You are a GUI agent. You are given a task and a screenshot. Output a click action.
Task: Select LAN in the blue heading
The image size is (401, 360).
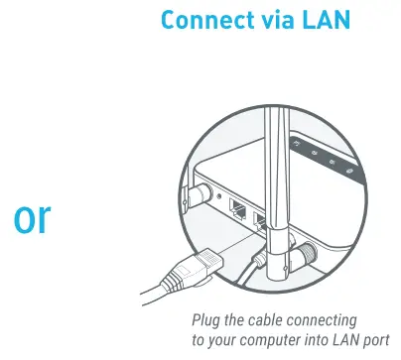pos(327,20)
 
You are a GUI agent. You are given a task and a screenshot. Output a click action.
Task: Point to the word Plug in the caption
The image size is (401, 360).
pos(207,318)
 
